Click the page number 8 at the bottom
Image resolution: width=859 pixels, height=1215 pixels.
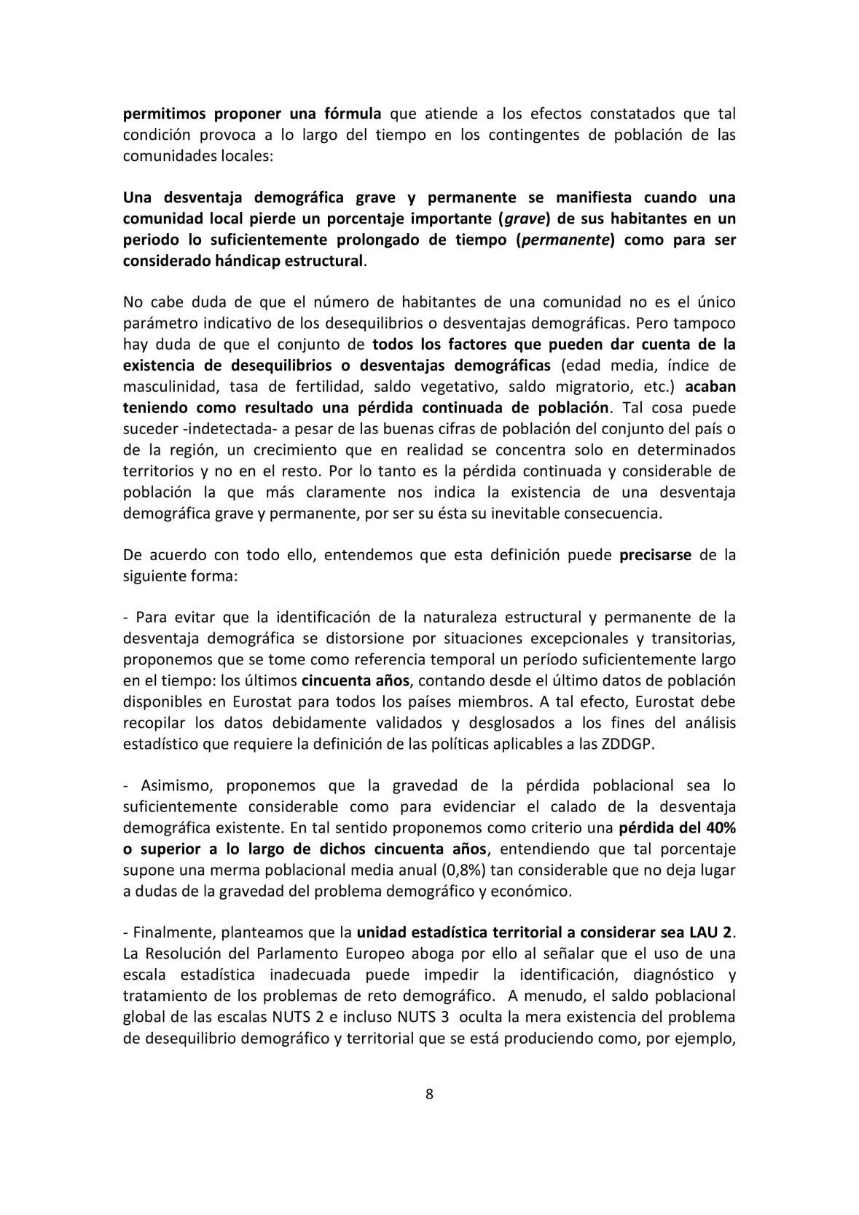[429, 1094]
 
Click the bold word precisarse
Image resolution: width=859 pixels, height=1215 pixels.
[655, 555]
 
